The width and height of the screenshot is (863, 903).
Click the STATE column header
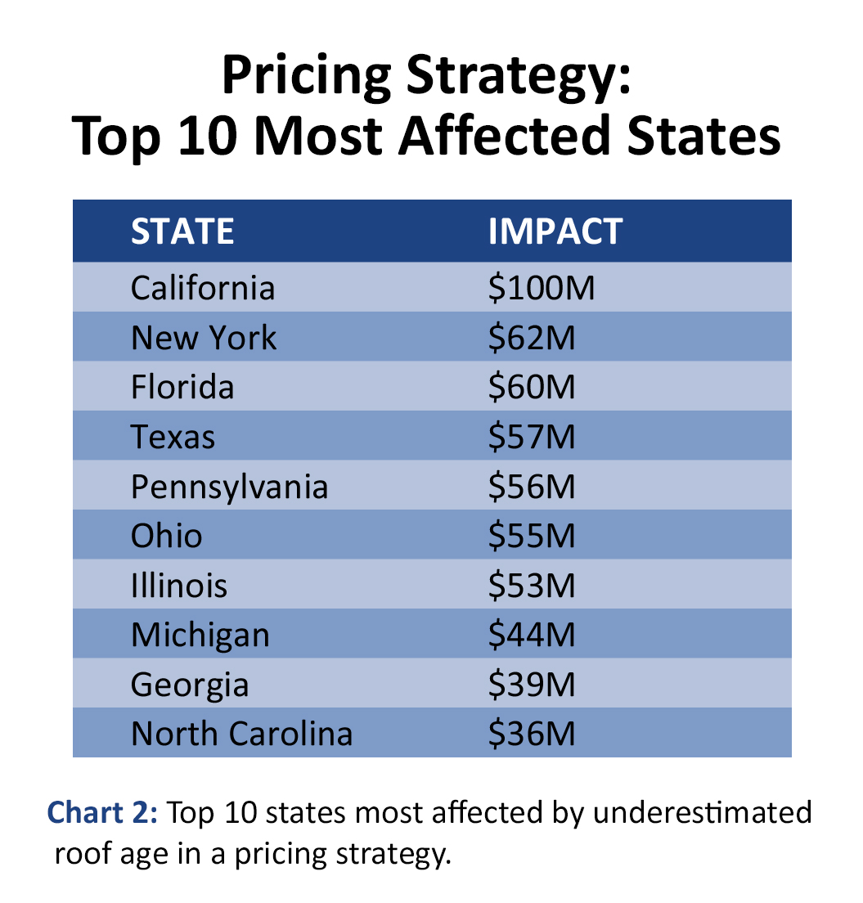click(x=182, y=231)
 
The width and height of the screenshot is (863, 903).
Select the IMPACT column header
click(x=555, y=231)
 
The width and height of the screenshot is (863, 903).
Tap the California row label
click(x=203, y=288)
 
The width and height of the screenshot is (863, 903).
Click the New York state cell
click(x=204, y=337)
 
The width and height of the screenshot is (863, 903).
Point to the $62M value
click(x=532, y=337)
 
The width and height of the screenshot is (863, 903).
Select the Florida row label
click(x=182, y=387)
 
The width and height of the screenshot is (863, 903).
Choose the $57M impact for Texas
click(x=532, y=437)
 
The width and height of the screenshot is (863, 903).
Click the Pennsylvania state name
click(x=229, y=487)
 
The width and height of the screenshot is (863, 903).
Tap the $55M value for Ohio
click(x=532, y=536)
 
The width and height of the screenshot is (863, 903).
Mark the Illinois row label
click(x=179, y=586)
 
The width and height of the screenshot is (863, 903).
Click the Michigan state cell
click(x=200, y=636)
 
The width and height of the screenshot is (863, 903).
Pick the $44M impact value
click(x=532, y=636)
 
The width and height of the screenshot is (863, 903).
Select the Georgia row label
click(x=190, y=685)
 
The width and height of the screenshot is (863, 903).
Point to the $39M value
click(x=532, y=685)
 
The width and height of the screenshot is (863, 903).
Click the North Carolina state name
click(x=241, y=734)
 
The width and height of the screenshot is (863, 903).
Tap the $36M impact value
click(x=532, y=734)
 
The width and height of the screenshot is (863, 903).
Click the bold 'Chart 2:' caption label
click(x=104, y=813)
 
